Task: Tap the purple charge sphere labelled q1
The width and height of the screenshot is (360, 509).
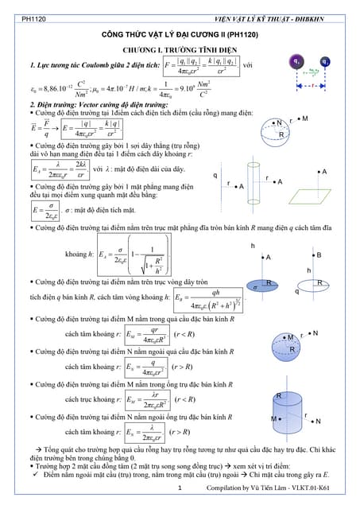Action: (296, 60)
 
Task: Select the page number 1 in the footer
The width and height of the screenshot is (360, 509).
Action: (180, 488)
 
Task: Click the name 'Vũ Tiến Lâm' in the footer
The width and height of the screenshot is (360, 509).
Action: (263, 488)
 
